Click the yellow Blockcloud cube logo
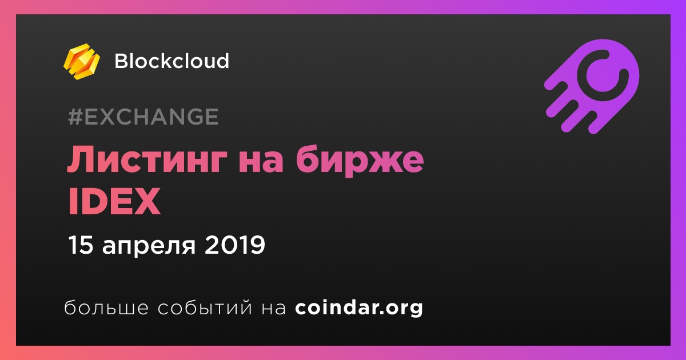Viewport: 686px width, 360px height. coord(82,62)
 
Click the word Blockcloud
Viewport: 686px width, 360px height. coord(172,61)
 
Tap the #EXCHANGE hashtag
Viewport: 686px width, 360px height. coord(143,117)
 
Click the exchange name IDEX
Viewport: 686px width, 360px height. coord(114,202)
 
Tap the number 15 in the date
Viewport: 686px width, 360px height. coord(81,245)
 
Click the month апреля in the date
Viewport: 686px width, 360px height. coord(149,247)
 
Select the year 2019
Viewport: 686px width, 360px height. coord(234,245)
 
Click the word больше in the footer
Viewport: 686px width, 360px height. coord(106,307)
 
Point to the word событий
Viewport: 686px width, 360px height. coord(205,307)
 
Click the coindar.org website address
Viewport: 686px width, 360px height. coord(359,308)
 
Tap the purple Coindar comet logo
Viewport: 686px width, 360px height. coord(592,87)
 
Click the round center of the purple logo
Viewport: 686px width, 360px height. coord(603,75)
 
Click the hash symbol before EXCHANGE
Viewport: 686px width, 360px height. coord(75,117)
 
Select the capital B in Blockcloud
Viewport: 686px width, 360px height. coord(122,61)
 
